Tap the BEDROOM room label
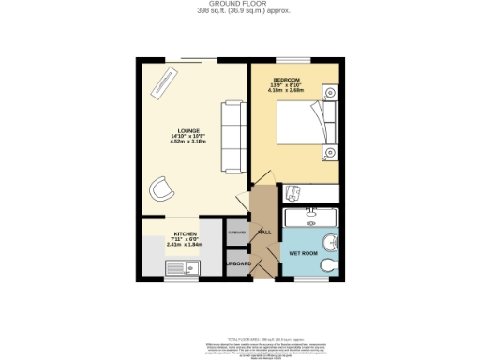coord(286,79)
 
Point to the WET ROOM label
coord(302,253)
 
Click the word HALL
coord(264,232)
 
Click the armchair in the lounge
coord(161,188)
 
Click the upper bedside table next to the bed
coord(330,91)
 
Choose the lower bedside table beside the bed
coord(330,153)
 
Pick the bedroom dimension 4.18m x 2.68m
coord(287,92)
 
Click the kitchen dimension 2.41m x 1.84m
coord(184,244)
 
